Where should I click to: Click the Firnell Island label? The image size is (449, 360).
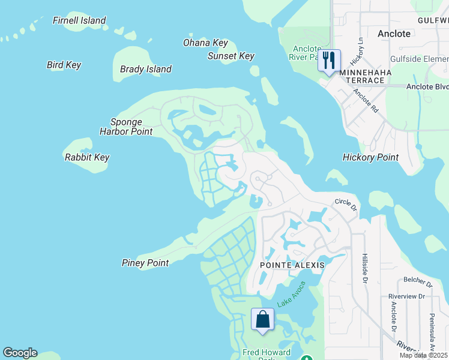click(79, 20)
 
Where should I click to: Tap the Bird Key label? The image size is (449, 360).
click(64, 65)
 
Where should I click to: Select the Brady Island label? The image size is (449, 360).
click(146, 69)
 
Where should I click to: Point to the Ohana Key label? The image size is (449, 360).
click(205, 43)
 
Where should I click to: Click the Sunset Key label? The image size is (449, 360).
click(231, 56)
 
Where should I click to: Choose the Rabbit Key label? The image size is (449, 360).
click(87, 157)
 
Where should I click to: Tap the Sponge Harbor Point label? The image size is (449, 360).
click(126, 127)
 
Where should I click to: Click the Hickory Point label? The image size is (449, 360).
click(370, 157)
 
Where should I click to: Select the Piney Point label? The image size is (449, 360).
click(145, 263)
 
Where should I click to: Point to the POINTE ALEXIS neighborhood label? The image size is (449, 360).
click(292, 265)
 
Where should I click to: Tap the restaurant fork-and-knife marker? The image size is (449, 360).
click(328, 61)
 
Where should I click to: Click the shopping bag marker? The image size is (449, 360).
click(262, 319)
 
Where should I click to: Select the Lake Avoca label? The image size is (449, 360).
click(291, 295)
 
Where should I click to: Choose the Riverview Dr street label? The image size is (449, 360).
click(406, 296)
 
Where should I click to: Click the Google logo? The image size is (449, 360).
click(20, 353)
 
